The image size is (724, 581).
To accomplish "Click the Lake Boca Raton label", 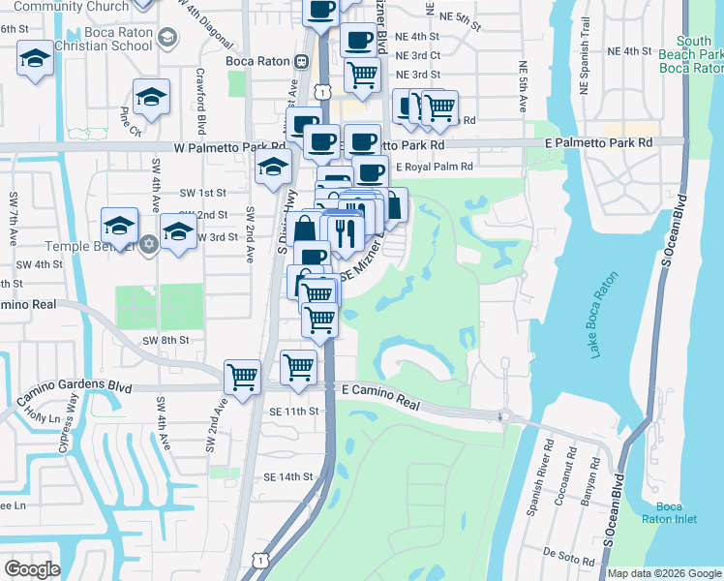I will (603, 315).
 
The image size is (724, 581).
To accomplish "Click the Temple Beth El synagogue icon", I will (148, 241).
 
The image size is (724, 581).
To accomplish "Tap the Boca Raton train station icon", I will (302, 61).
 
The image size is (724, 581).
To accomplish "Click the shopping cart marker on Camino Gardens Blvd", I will (242, 376).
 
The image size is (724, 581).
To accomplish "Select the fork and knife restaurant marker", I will (344, 231).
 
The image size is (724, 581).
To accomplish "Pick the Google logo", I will (31, 569).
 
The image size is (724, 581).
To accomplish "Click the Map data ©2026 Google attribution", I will (664, 573).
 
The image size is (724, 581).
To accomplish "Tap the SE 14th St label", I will (288, 476).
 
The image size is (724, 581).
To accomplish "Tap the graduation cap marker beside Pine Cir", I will (151, 97).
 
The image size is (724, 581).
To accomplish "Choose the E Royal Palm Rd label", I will (434, 167).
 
